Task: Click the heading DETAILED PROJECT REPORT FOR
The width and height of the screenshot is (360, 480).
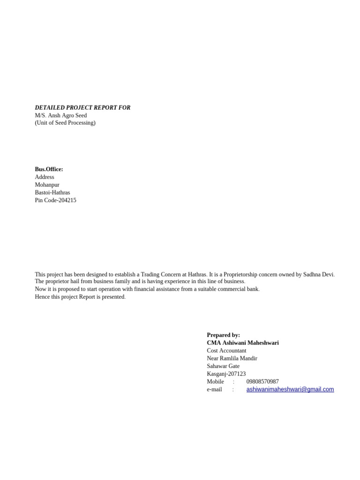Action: coord(82,108)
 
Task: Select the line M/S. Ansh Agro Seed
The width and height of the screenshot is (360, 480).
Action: coord(61,115)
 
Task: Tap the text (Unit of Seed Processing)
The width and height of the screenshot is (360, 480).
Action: coord(65,123)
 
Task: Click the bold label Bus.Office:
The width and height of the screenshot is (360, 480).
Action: coord(49,169)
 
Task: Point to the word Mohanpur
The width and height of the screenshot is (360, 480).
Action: coord(47,185)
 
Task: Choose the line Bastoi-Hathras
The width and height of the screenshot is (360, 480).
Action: coord(52,193)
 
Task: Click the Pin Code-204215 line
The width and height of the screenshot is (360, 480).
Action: coord(55,200)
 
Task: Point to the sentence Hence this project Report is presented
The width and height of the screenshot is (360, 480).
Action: coord(80,297)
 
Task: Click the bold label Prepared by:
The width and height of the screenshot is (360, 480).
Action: coord(223,335)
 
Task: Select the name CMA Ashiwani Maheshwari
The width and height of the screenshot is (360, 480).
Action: coord(243,343)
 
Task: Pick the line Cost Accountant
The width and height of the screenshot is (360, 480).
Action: coord(226,351)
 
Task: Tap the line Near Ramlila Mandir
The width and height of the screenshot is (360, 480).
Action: coord(232,358)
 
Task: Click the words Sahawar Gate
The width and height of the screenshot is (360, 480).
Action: coord(223,366)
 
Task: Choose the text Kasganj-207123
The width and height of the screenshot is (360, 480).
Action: coord(226,374)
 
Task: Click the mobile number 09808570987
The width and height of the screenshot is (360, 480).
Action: coord(262,382)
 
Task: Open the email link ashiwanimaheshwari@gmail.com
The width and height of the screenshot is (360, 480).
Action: coord(290,389)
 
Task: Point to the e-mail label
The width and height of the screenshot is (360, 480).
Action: coord(214,390)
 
